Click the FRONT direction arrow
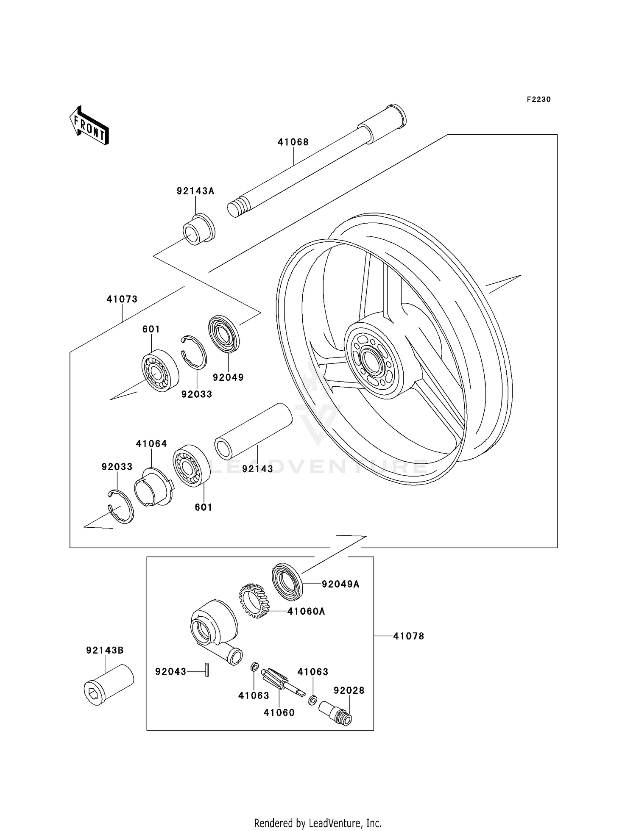tap(89, 126)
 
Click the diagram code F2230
tap(538, 100)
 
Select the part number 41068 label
tap(293, 142)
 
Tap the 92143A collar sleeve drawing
tap(198, 230)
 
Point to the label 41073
tap(122, 299)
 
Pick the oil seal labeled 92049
tap(225, 333)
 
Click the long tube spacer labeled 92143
tap(254, 431)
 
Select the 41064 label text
tap(151, 444)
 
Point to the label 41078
tap(408, 636)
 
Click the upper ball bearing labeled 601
tap(159, 371)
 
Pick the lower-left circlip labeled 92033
tap(120, 507)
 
